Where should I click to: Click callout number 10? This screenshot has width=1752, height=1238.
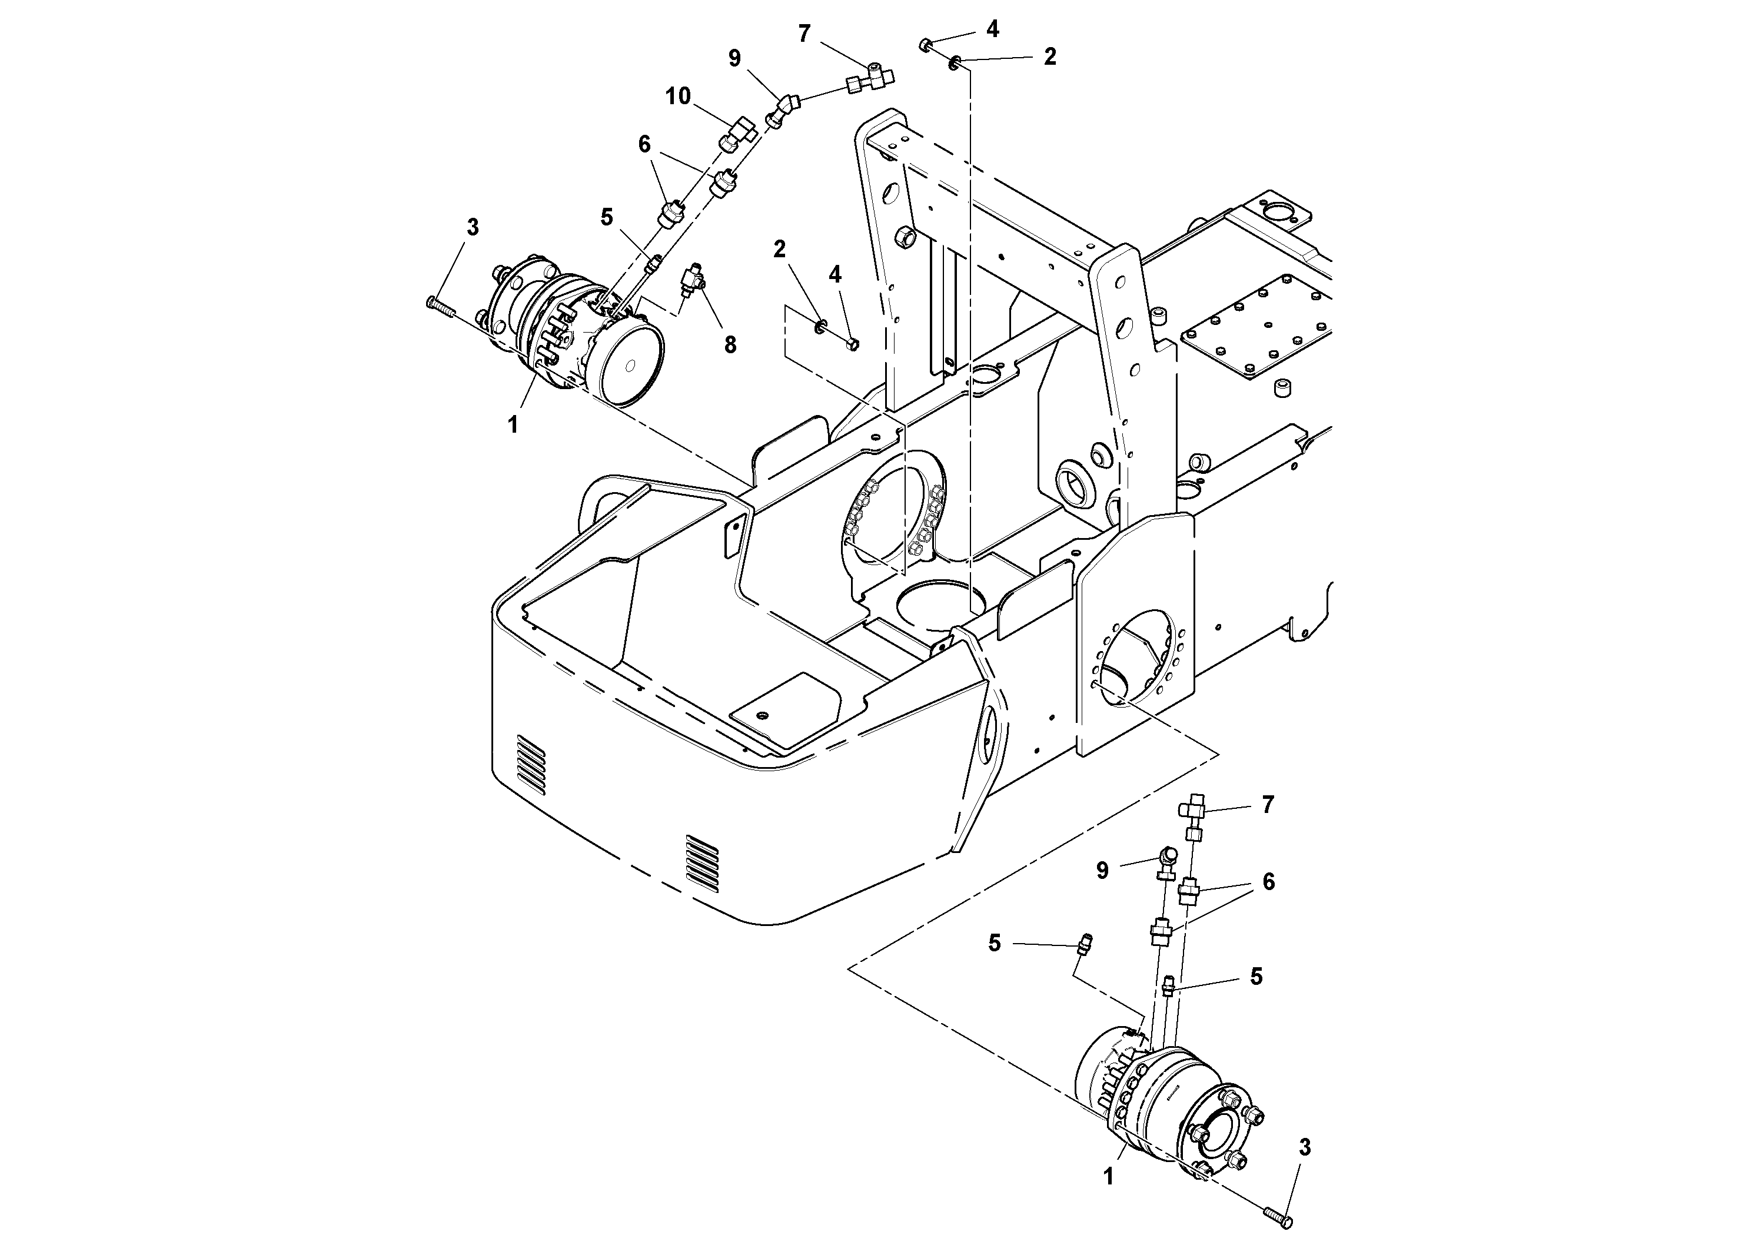point(677,96)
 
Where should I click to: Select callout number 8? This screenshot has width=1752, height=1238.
point(730,345)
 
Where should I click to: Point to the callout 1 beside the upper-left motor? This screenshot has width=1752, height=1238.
point(513,425)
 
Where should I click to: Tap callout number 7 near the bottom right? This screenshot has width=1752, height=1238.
point(1268,805)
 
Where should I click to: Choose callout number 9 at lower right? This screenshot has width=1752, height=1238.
point(1102,871)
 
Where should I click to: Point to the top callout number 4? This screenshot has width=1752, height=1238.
point(992,29)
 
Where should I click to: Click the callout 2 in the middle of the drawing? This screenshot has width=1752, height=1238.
point(779,250)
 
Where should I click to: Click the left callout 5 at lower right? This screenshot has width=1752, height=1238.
point(994,944)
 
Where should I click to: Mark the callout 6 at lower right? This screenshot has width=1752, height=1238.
point(1268,882)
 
